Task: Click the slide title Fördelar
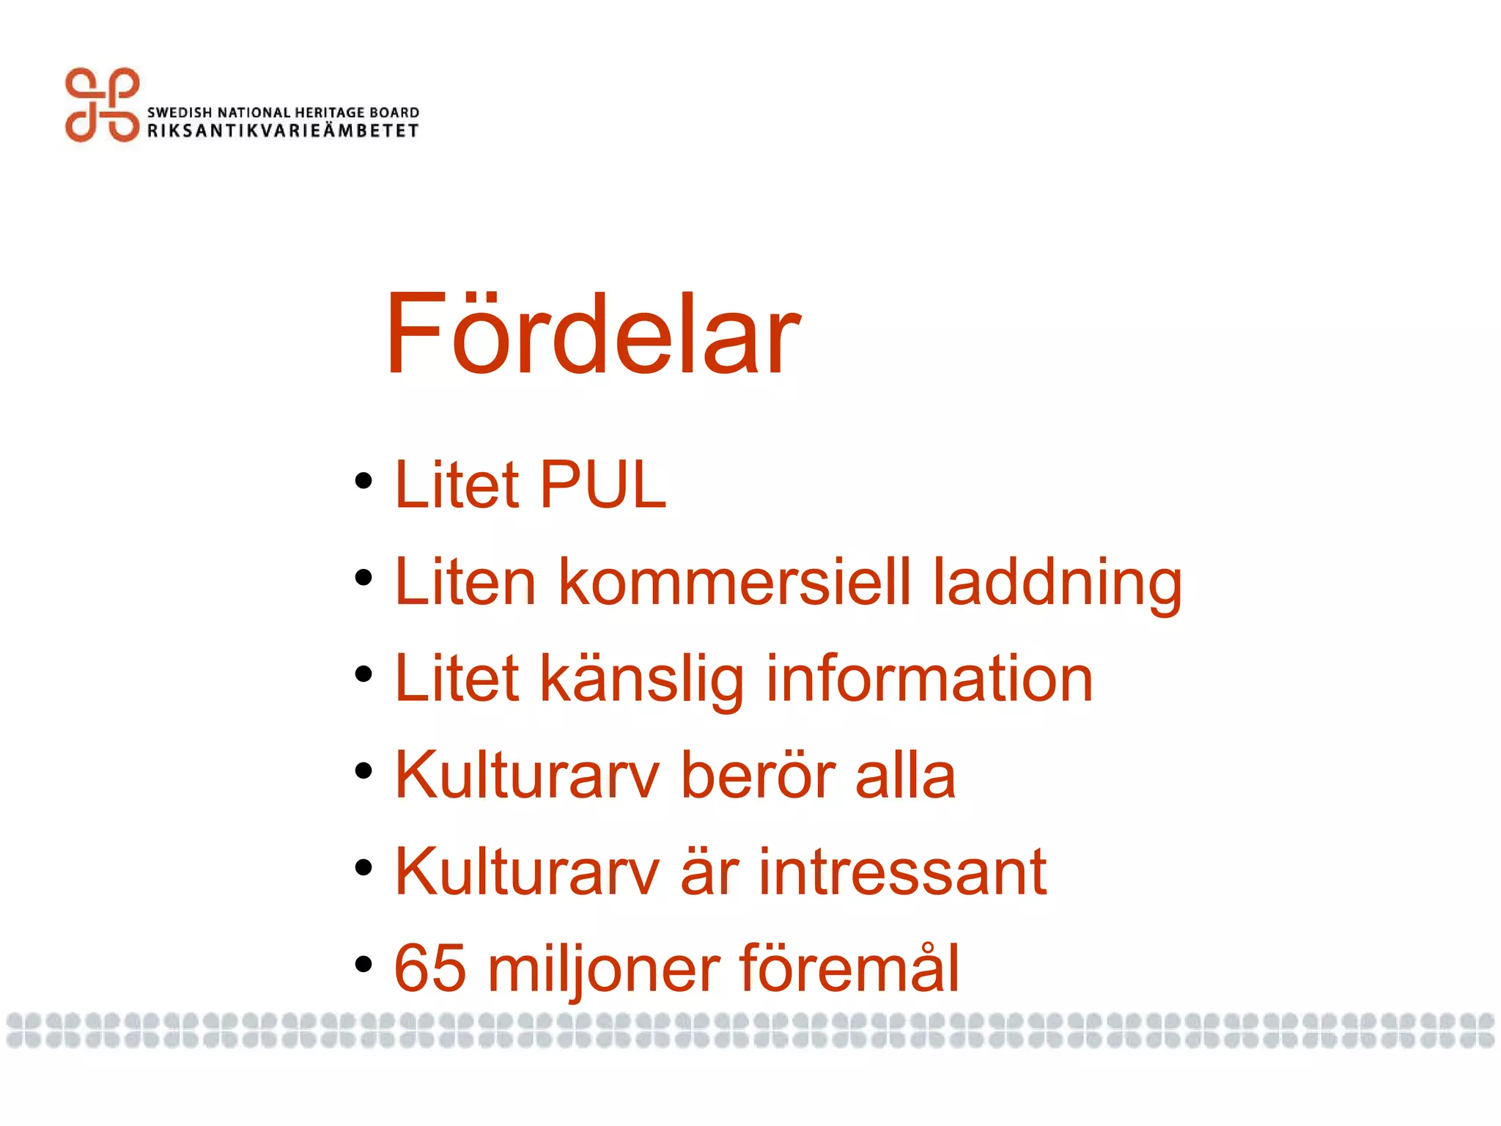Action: (592, 334)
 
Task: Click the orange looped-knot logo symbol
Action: (102, 105)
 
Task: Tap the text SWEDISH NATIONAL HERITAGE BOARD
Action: (283, 112)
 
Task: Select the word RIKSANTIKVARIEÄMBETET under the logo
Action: (283, 131)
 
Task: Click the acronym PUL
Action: (603, 485)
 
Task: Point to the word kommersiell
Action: (735, 582)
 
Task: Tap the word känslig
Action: (642, 680)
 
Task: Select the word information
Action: (929, 679)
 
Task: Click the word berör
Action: (759, 775)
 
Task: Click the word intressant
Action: (902, 872)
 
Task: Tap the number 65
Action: (430, 968)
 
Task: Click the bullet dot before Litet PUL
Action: (364, 482)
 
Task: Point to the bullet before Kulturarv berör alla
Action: (364, 771)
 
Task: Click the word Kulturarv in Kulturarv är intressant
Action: (527, 872)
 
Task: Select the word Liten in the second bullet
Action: (465, 582)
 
